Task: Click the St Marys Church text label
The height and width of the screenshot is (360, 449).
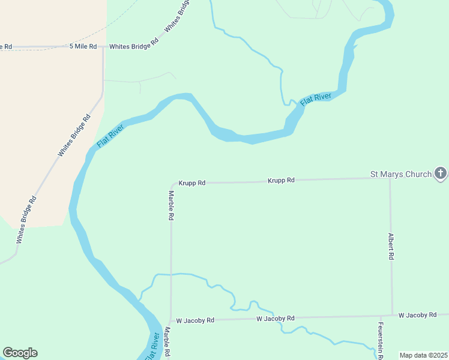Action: click(x=400, y=175)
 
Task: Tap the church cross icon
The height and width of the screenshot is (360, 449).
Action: click(x=441, y=174)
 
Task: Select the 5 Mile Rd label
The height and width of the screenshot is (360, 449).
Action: click(x=83, y=46)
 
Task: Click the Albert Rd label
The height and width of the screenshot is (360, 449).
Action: click(x=391, y=246)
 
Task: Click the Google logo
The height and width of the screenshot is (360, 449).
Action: click(x=20, y=353)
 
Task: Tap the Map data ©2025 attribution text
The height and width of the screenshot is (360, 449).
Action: click(x=423, y=355)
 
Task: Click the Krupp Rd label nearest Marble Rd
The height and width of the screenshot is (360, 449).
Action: click(x=192, y=182)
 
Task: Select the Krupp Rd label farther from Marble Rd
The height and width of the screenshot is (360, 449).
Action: click(x=281, y=180)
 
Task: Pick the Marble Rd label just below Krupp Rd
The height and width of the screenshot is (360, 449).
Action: click(x=171, y=205)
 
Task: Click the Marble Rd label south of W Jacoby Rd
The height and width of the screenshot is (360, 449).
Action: click(x=167, y=343)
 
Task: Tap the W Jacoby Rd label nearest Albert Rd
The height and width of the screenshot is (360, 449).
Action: click(x=417, y=315)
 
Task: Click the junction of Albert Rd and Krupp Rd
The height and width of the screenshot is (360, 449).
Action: click(x=390, y=178)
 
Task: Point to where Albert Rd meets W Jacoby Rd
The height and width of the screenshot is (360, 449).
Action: click(x=392, y=315)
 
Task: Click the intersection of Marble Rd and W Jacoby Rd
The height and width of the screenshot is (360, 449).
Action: click(x=170, y=321)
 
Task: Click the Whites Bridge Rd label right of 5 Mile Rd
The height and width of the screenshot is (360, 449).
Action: click(x=133, y=46)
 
